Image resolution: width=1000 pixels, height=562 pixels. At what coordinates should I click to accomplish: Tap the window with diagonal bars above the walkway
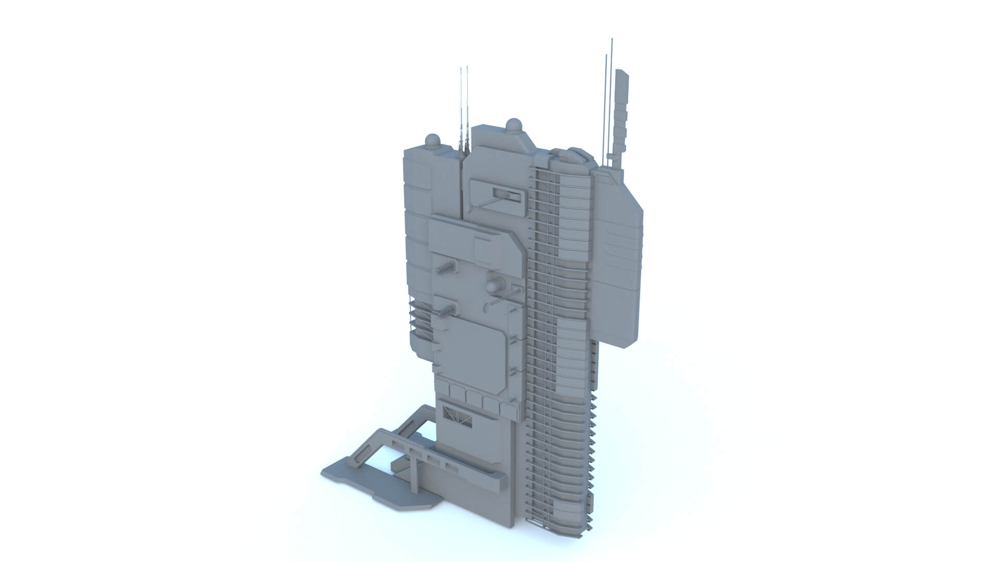457,416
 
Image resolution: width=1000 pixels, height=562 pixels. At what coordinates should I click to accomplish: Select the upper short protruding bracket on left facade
446,268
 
